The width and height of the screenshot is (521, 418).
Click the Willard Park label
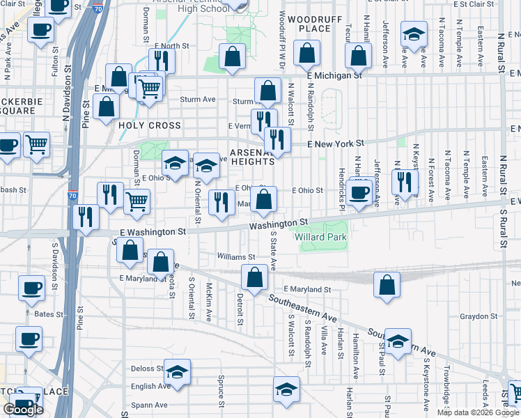pos(320,237)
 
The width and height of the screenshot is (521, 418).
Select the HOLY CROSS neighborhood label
pos(149,126)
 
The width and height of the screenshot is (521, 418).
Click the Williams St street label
pos(232,256)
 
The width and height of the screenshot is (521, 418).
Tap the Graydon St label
pos(478,316)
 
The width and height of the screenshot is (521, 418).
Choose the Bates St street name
pos(49,315)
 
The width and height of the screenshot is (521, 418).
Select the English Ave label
pos(150,386)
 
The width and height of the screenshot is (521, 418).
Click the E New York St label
pos(336,143)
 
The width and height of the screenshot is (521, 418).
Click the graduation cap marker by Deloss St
pos(178,373)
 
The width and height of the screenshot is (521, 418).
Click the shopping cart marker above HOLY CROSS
pos(148,88)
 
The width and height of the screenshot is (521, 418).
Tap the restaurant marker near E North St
pos(162,61)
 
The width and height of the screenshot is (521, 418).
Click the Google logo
pos(23,410)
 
